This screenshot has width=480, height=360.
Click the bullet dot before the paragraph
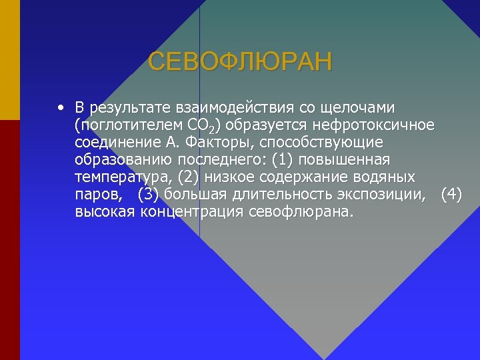61,107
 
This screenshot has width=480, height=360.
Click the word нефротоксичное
378,125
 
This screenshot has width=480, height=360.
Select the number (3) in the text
148,195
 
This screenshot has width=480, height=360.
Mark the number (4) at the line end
451,195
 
